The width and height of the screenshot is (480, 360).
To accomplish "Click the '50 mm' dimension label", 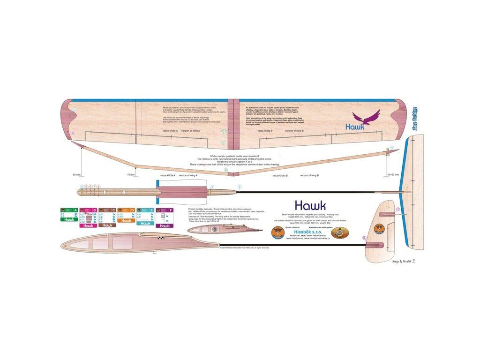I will pyautogui.click(x=77, y=174).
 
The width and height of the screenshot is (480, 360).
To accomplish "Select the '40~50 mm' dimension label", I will pyautogui.click(x=393, y=175).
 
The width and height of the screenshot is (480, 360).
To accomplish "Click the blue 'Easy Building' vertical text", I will pyautogui.click(x=415, y=117).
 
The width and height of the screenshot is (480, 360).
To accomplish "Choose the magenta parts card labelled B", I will pyautogui.click(x=88, y=217).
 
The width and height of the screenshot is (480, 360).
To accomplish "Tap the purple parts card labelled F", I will pyautogui.click(x=165, y=217).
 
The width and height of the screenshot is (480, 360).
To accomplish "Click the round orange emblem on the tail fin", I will pyautogui.click(x=379, y=229).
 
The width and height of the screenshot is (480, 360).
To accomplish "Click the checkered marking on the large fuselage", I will pyautogui.click(x=162, y=239).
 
